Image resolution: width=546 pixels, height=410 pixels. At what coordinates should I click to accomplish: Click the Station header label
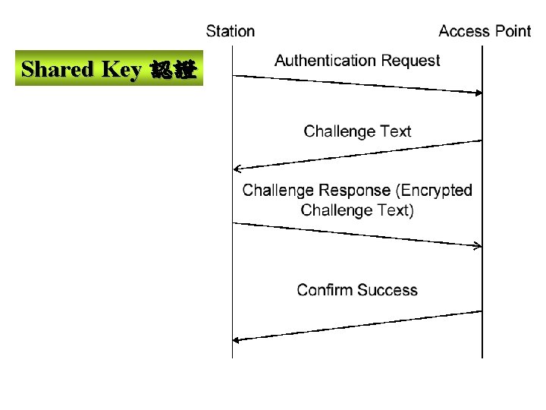point(231,31)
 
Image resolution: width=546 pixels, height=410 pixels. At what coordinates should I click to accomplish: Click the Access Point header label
point(485,31)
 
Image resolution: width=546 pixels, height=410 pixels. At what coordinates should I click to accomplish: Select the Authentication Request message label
point(357,61)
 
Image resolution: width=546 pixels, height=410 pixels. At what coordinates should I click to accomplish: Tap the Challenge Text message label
point(357,131)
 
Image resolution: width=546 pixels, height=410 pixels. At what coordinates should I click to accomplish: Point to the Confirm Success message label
point(357,290)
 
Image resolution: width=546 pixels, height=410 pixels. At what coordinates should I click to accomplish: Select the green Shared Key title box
point(109,70)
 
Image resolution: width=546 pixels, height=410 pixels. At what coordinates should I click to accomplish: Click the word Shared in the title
point(58,70)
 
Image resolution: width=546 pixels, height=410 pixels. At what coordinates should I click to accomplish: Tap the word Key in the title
point(121,70)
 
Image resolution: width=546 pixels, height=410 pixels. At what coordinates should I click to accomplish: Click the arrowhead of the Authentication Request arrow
point(479,93)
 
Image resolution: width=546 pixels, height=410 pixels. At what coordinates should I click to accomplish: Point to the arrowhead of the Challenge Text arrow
point(237,169)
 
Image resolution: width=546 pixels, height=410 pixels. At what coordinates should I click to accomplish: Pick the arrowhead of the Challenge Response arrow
point(479,245)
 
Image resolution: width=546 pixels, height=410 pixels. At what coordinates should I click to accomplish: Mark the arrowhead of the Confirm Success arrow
point(237,340)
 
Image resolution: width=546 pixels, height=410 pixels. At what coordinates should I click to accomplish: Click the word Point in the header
point(513,31)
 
